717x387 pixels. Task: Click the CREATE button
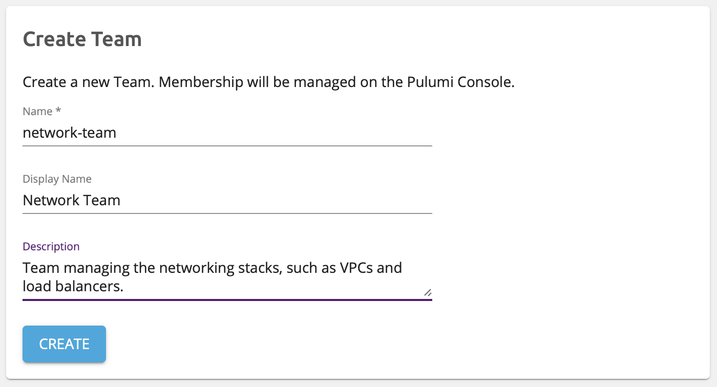tap(64, 344)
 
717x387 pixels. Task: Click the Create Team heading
tap(82, 39)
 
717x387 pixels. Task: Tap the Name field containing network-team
tap(227, 133)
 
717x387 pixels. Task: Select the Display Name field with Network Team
tap(227, 200)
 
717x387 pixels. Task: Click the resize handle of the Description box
tap(427, 292)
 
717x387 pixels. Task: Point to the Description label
tap(51, 246)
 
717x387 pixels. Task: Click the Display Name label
tap(57, 179)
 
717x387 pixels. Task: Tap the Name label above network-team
tap(38, 112)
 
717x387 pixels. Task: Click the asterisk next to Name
tap(58, 111)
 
